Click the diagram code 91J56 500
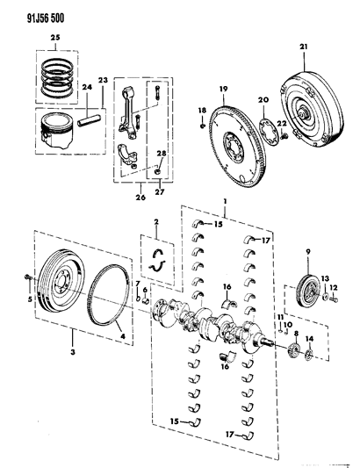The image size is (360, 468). pyautogui.click(x=30, y=11)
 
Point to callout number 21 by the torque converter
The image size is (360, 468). pyautogui.click(x=304, y=47)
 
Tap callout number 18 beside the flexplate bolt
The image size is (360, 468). pyautogui.click(x=201, y=110)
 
